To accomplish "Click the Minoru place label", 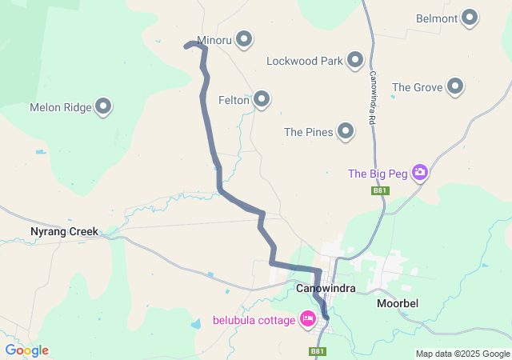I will click(214, 39).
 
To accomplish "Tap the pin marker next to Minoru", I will click(244, 38).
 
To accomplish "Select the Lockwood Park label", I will click(304, 60).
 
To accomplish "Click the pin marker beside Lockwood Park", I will click(355, 59).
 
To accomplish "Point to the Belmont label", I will click(437, 18).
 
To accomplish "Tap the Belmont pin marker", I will click(470, 17).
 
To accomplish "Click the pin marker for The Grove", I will click(455, 86).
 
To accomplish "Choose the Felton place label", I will click(234, 100).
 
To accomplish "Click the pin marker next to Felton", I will click(262, 99).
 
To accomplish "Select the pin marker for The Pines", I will click(346, 130).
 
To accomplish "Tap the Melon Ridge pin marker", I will click(103, 106).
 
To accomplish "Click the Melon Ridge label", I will click(61, 106).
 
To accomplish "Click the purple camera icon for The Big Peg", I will click(420, 172).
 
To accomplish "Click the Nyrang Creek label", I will click(63, 232).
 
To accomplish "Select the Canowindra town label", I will click(325, 288).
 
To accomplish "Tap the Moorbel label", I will click(398, 303).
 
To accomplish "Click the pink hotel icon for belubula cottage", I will click(306, 319).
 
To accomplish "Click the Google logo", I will click(26, 350).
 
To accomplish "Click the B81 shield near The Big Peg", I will click(380, 190).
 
